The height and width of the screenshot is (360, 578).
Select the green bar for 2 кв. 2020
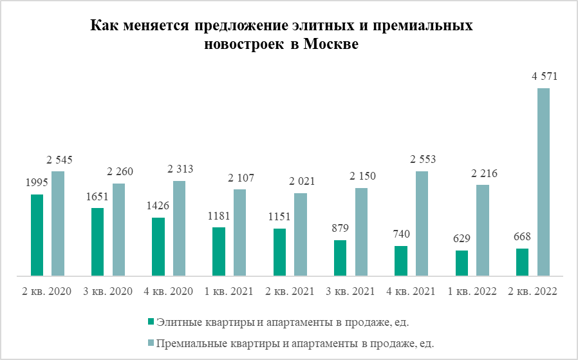point(37,235)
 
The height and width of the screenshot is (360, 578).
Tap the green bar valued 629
point(461,263)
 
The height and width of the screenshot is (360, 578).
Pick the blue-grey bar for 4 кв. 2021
point(422,223)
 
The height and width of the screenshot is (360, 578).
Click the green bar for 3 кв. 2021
point(340,258)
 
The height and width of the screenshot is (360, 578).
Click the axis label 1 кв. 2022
point(472,291)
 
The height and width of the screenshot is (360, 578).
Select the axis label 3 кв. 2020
point(107,291)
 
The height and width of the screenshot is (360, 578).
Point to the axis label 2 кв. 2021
point(290,291)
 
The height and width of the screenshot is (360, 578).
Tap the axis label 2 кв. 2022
point(532,291)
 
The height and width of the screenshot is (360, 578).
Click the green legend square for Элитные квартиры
point(151,321)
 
